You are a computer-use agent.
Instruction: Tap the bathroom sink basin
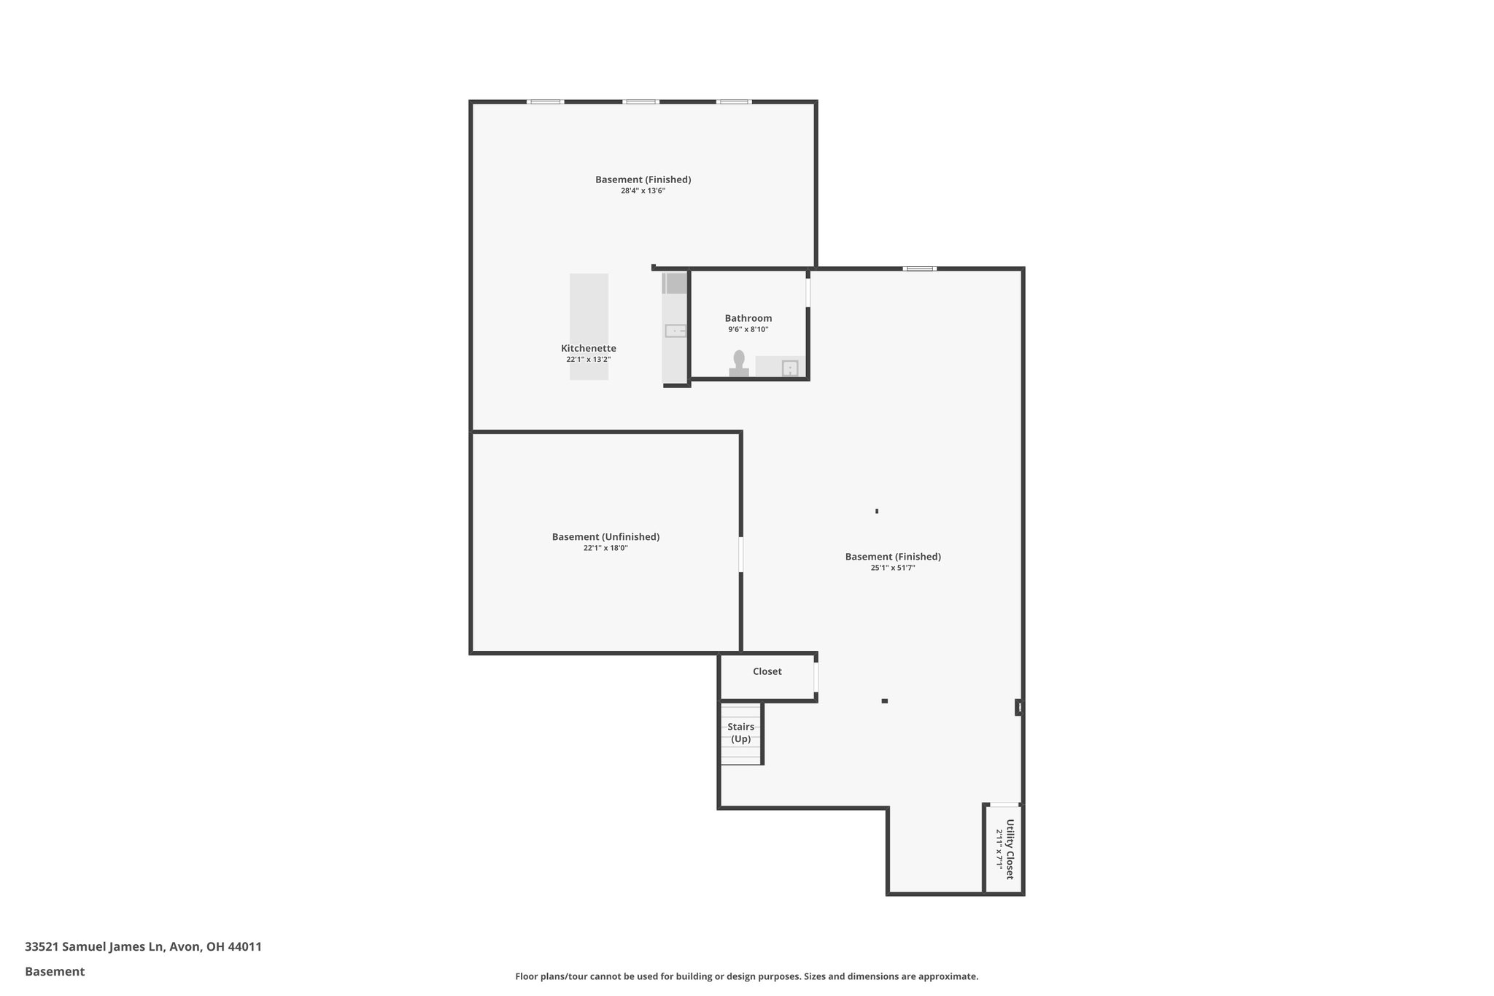790,368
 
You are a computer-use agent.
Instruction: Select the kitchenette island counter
589,326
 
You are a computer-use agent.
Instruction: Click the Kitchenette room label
588,349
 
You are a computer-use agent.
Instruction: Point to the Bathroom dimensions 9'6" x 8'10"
748,330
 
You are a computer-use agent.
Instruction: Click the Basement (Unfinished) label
605,537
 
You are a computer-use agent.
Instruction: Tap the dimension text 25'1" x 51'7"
892,568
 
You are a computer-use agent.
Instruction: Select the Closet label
767,671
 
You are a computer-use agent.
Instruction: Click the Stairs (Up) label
740,733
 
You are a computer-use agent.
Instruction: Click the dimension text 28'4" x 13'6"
643,191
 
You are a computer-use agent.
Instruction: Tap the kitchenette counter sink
676,331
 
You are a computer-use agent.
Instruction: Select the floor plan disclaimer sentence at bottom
746,976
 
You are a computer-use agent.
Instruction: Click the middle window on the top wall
640,101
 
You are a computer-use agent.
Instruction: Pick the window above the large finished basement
919,269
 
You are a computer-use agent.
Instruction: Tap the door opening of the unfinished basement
741,555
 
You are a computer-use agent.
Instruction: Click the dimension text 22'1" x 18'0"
605,548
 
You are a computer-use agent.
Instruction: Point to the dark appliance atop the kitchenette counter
675,283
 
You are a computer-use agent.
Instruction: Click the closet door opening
816,676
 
